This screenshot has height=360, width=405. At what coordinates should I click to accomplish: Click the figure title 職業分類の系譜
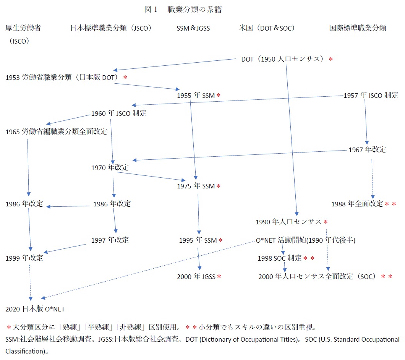point(194,9)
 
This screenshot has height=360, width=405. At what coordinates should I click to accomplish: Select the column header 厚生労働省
point(23,28)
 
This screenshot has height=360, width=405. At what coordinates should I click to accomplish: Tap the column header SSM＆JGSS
point(193,28)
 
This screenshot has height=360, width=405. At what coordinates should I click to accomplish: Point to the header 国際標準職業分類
point(358,28)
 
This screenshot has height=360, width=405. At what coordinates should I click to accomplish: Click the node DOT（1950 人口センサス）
point(282,59)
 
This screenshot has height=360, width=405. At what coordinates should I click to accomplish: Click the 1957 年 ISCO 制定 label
point(371,96)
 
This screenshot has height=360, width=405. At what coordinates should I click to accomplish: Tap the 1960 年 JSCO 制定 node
point(119,114)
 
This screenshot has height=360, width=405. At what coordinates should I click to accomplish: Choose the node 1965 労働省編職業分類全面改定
point(56,131)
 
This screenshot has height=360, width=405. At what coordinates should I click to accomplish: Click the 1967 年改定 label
point(367,150)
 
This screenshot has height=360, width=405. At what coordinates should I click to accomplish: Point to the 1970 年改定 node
point(110,168)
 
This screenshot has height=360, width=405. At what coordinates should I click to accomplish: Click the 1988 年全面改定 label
point(357,204)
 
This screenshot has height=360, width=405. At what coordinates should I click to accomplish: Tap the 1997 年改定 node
point(110,240)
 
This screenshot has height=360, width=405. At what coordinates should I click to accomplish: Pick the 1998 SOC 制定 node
point(279,258)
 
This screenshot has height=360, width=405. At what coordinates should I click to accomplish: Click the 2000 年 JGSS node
point(196,277)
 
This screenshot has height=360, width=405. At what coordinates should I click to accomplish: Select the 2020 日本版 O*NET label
point(35,309)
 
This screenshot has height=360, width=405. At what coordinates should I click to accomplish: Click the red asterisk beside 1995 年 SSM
point(220,240)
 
